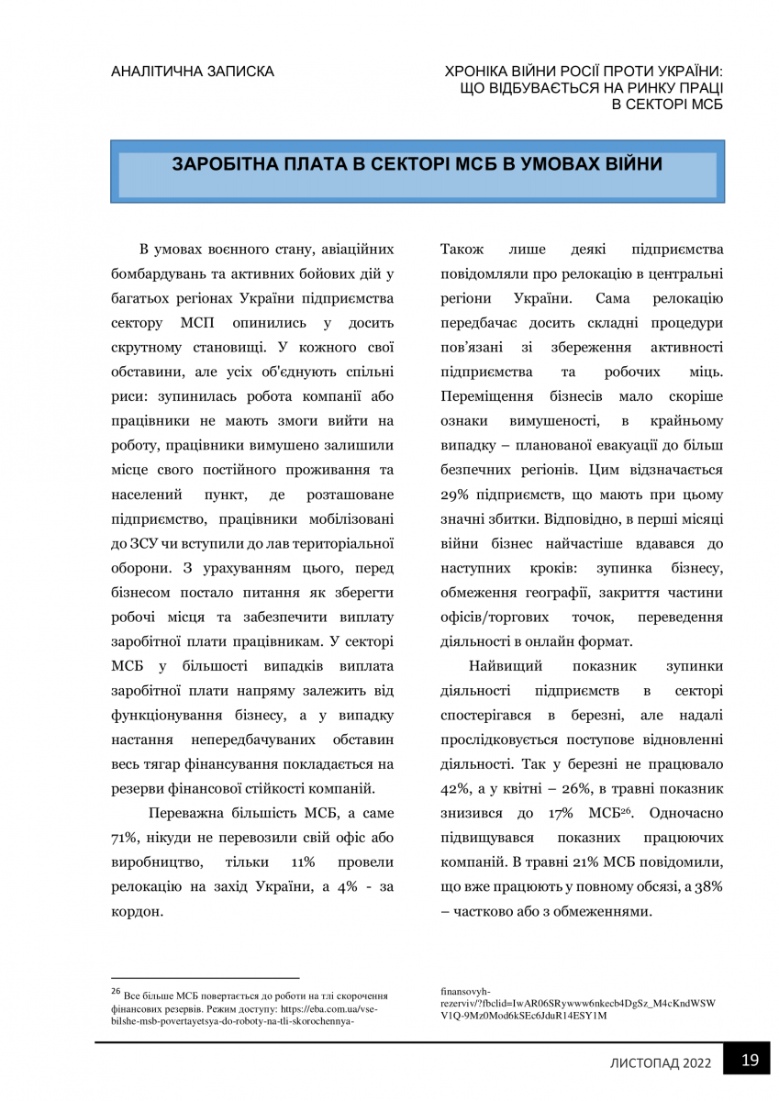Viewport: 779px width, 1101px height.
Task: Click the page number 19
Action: point(750,1061)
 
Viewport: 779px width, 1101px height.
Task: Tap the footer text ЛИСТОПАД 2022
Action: point(661,1062)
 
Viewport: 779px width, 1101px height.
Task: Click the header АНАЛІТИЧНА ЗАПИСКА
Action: point(192,71)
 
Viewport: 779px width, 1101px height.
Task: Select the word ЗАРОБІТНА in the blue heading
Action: point(224,165)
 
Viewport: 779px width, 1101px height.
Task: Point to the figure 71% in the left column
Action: point(124,840)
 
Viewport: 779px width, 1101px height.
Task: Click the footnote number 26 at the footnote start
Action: point(116,991)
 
